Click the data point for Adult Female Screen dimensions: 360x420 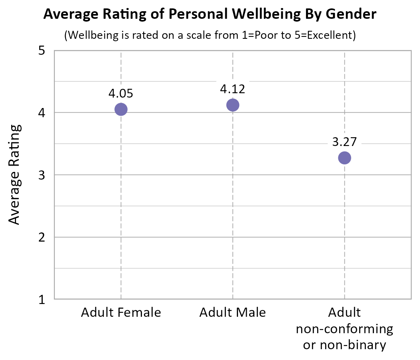[121, 109]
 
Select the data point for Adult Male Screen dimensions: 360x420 [233, 105]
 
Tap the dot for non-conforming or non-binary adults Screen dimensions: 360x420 [344, 158]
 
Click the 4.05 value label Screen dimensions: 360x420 [120, 94]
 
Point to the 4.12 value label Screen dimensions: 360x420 [232, 89]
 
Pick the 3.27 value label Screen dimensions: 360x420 [344, 142]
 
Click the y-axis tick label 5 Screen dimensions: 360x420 [42, 51]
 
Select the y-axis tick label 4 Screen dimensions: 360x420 [42, 113]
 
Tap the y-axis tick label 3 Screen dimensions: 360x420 [42, 175]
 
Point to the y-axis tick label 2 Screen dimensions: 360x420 [42, 237]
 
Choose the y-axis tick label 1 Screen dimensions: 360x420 [42, 299]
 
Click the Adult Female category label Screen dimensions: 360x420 [121, 312]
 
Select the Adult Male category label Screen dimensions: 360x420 [233, 312]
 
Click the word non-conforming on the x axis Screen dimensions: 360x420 [344, 329]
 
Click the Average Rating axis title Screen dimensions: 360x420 [14, 174]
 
